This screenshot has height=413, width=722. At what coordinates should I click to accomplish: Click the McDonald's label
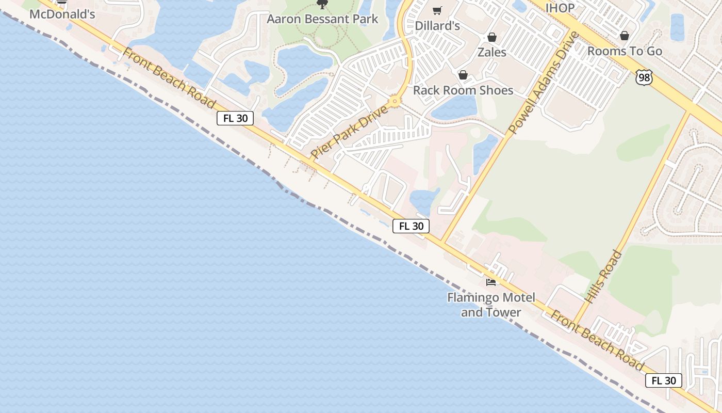(62, 14)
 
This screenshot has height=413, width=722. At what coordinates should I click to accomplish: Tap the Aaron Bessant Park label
(322, 19)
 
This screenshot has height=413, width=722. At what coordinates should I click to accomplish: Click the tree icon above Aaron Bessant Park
(322, 5)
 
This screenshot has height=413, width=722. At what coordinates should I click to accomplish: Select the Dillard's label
(437, 25)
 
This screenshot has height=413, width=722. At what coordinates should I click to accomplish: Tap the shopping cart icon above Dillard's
(437, 10)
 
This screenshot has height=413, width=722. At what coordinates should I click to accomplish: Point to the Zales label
(492, 52)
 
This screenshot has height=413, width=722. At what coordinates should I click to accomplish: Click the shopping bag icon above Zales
(492, 37)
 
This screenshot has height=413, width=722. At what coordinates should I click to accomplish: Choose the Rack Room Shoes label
(463, 90)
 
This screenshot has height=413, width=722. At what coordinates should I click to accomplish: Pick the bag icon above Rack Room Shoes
(463, 75)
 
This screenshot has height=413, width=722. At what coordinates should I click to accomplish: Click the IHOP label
(560, 8)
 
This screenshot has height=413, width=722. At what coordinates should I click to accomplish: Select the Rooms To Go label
(625, 51)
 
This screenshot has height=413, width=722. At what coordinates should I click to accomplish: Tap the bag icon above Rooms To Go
(625, 36)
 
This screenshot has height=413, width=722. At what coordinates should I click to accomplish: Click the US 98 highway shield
(645, 77)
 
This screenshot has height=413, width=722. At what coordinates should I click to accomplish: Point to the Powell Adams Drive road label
(544, 83)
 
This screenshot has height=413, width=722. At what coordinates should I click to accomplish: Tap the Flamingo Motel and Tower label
(491, 305)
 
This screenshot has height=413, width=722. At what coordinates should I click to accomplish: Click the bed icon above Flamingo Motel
(491, 282)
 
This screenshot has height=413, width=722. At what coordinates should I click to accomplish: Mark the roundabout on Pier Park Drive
(396, 101)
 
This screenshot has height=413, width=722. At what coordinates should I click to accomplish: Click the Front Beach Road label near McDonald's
(169, 78)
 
